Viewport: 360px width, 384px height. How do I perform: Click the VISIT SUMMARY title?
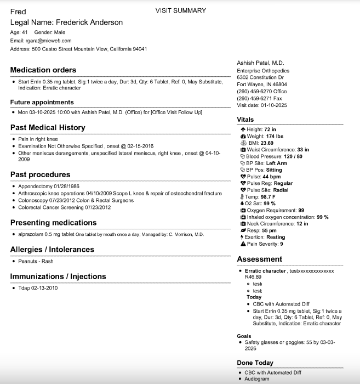[x=181, y=10]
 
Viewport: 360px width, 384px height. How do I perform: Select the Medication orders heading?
[x=43, y=70]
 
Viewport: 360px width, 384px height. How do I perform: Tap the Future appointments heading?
[x=42, y=102]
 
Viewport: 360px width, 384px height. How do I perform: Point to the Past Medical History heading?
[x=48, y=128]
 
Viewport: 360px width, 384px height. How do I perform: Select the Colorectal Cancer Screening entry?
[x=65, y=207]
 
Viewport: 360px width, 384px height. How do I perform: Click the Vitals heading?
[x=245, y=120]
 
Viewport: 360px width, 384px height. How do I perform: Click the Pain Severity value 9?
[x=282, y=244]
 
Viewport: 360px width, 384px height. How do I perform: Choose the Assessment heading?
[x=260, y=259]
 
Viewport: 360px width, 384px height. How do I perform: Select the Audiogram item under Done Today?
[x=257, y=379]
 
